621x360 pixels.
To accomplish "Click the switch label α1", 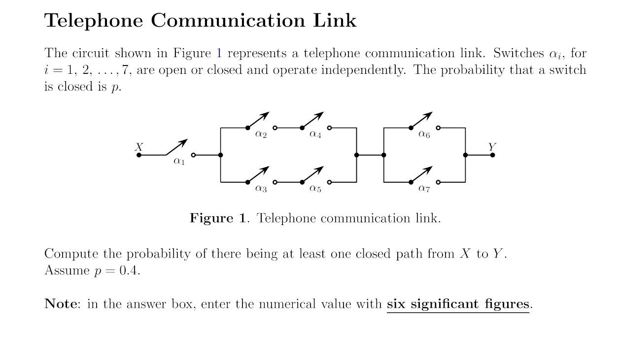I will pos(179,161).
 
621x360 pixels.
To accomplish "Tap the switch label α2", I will pos(261,134).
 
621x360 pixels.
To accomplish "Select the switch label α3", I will pos(261,188).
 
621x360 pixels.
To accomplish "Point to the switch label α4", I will pos(315,134).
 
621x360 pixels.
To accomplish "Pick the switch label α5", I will pos(315,188).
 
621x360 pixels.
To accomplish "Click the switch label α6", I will pos(424,134).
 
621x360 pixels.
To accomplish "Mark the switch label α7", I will pos(424,188).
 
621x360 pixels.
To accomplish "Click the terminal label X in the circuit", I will pos(139,147).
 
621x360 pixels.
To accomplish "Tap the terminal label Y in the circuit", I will pos(492,147).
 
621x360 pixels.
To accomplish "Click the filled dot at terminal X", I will pos(139,155).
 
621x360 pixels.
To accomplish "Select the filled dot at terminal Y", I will pos(492,155).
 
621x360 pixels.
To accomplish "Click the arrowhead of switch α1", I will pos(184,142).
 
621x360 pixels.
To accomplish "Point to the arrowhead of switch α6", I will pos(429,115).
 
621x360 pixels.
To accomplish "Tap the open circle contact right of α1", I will pos(193,155).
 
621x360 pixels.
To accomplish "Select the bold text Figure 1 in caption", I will pos(217,218).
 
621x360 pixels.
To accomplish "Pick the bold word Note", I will pos(60,304).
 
